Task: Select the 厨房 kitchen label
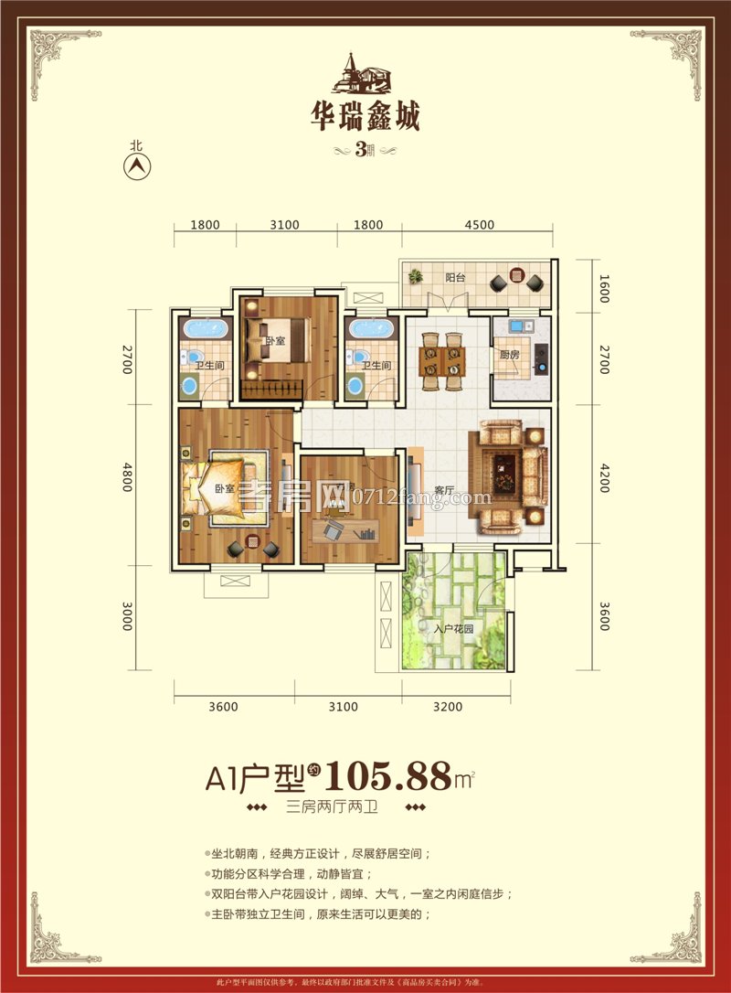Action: pos(508,357)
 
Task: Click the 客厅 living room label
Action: pos(445,490)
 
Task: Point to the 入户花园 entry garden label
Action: pos(452,629)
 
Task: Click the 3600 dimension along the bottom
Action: pos(223,706)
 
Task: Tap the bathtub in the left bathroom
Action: pos(206,330)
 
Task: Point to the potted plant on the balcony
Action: pos(417,275)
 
